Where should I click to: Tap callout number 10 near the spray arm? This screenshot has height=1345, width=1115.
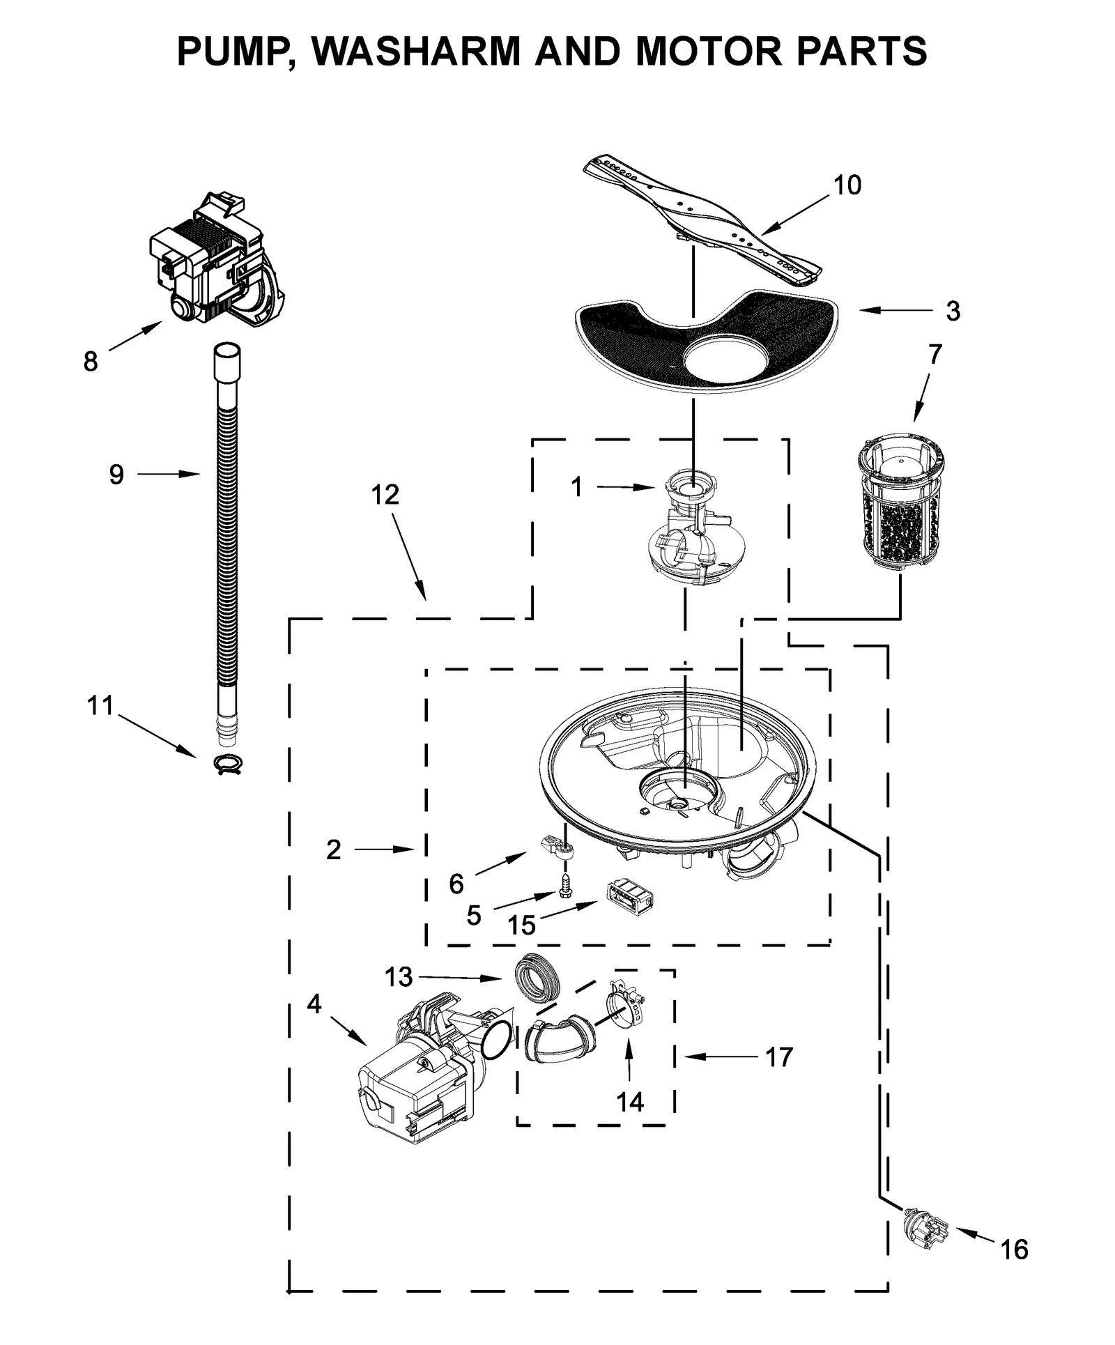(847, 185)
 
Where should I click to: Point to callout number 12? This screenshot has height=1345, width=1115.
(385, 495)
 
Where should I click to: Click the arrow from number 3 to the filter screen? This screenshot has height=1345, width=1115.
(895, 311)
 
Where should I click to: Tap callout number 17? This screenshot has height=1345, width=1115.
(778, 1057)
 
